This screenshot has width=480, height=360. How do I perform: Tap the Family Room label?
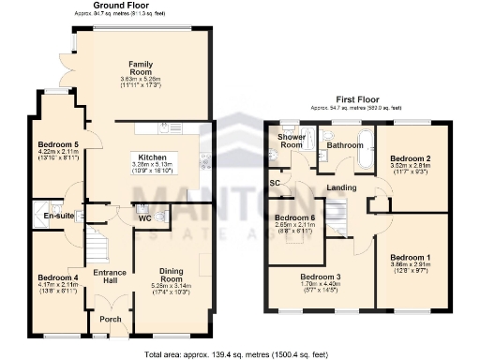(x=142, y=67)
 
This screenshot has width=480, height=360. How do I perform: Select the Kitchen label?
(x=152, y=157)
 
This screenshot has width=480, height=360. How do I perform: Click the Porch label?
(x=111, y=318)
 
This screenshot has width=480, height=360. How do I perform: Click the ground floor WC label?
(x=144, y=219)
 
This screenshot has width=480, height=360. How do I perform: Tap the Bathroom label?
(x=344, y=145)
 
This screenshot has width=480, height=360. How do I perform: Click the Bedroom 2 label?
(x=411, y=159)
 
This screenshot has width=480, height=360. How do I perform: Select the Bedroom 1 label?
(x=411, y=258)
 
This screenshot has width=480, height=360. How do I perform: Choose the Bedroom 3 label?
(x=322, y=277)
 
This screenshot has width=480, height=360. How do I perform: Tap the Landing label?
(x=340, y=188)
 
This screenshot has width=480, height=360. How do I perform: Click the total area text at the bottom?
(x=240, y=353)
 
